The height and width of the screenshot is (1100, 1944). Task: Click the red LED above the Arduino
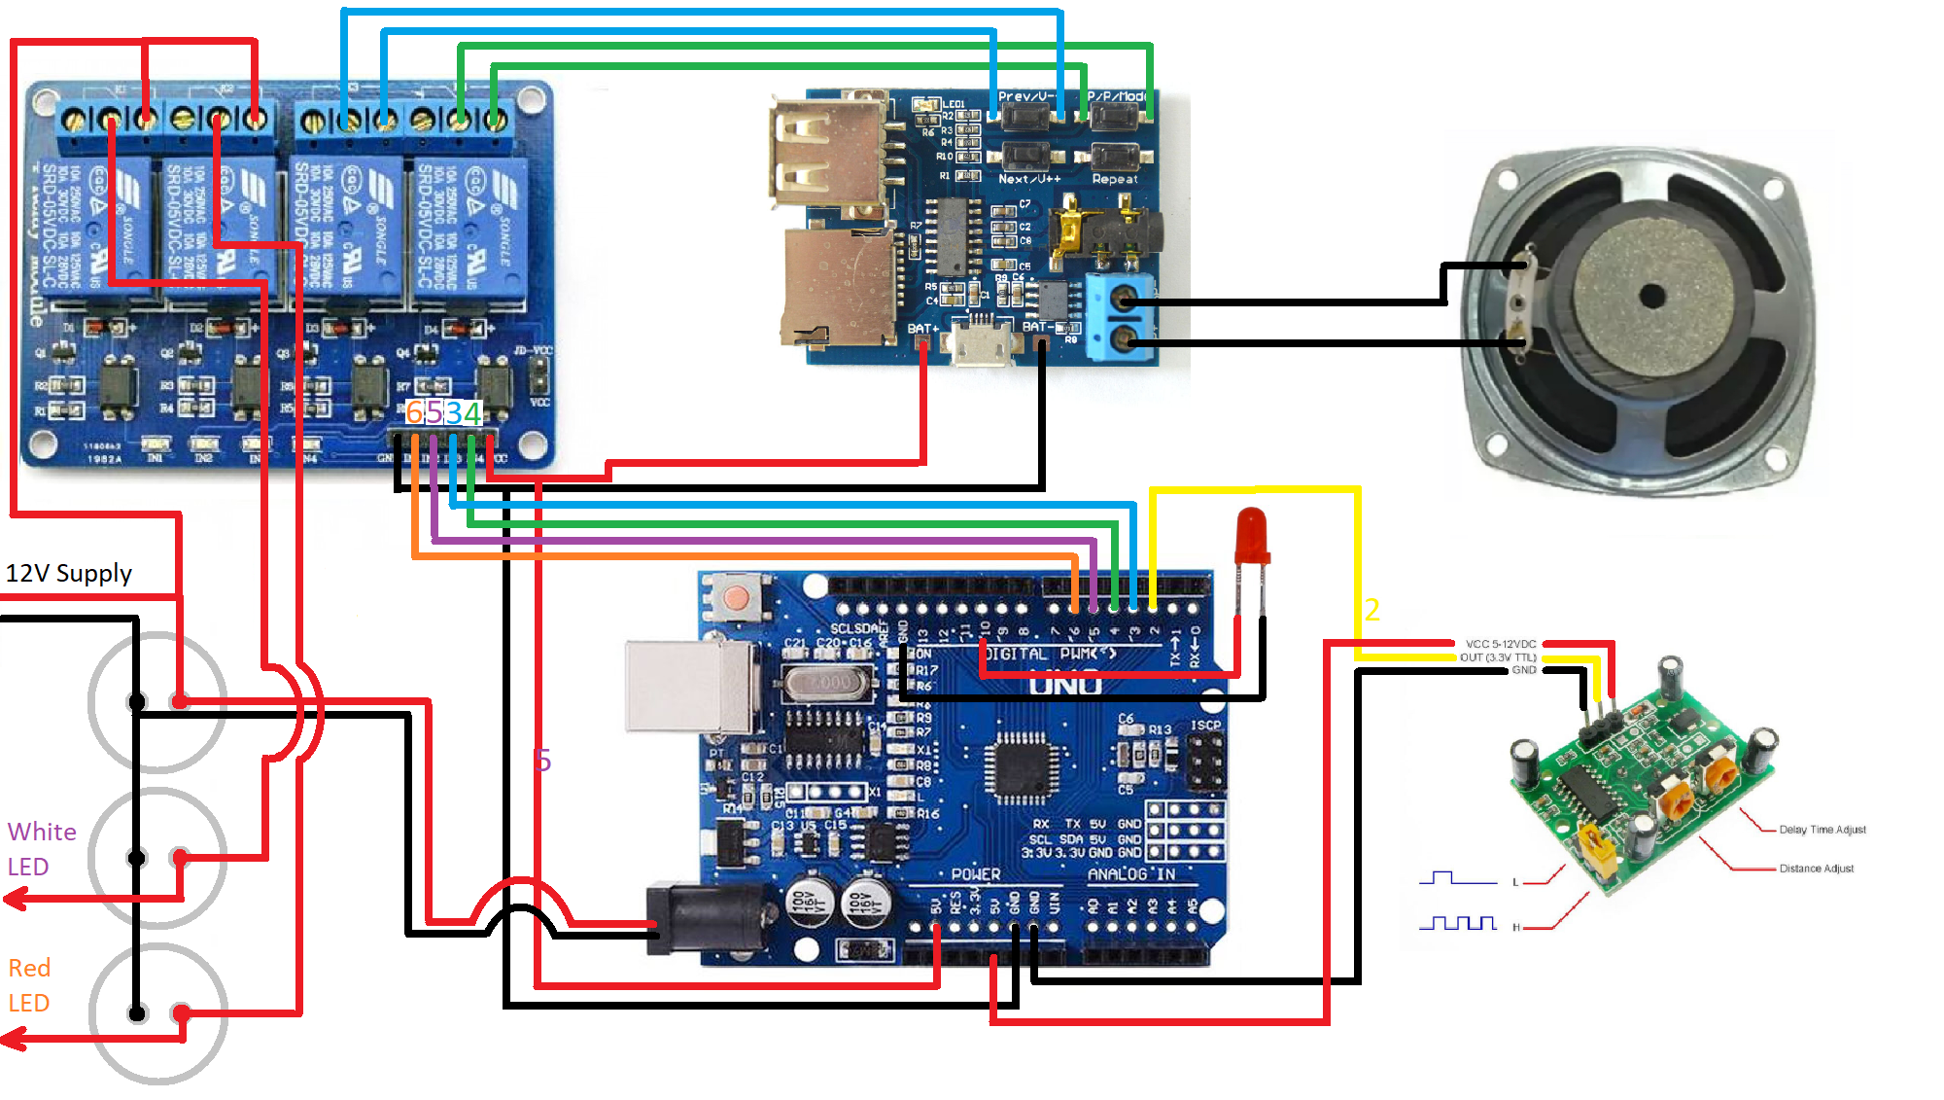[1252, 535]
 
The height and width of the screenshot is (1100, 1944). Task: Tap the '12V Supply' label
[69, 573]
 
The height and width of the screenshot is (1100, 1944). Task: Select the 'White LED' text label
[41, 849]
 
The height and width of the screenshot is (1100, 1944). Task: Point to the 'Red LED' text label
[29, 985]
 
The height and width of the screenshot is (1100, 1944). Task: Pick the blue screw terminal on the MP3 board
[1122, 317]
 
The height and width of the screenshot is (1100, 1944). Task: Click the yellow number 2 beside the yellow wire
[1371, 610]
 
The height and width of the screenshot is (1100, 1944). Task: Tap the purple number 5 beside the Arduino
[542, 760]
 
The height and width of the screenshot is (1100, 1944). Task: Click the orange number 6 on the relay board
[414, 412]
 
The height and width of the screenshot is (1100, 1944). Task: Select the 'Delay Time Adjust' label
[1822, 830]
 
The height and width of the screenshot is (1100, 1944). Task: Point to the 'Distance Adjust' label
[1816, 869]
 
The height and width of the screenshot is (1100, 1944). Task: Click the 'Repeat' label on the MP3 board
[1114, 179]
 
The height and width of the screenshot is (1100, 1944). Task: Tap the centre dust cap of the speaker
[1651, 296]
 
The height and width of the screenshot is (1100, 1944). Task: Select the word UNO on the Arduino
[1065, 686]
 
